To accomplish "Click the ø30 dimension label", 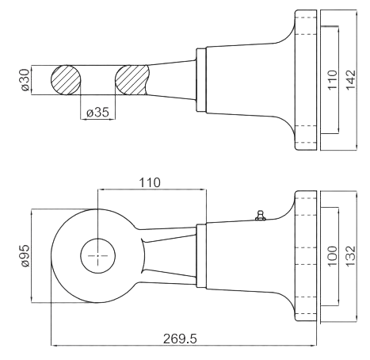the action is pyautogui.click(x=25, y=80).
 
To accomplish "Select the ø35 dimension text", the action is pyautogui.click(x=97, y=113).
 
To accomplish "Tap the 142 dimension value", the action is pyautogui.click(x=351, y=80).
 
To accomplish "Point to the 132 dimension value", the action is pyautogui.click(x=351, y=256).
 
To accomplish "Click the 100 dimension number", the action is pyautogui.click(x=333, y=256).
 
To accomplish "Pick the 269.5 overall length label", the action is pyautogui.click(x=180, y=339).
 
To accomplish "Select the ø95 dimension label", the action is pyautogui.click(x=25, y=256).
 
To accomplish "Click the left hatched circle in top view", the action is pyautogui.click(x=66, y=80).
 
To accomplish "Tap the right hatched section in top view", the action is pyautogui.click(x=132, y=80).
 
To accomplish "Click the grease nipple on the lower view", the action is pyautogui.click(x=261, y=215).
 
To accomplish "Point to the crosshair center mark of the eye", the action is pyautogui.click(x=97, y=255).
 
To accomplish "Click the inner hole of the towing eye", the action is pyautogui.click(x=97, y=255).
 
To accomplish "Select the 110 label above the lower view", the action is pyautogui.click(x=150, y=182).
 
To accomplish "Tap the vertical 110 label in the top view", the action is pyautogui.click(x=333, y=80).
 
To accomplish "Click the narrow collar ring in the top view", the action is pyautogui.click(x=201, y=80).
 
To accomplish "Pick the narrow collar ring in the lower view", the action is pyautogui.click(x=201, y=255).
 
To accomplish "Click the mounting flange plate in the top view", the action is pyautogui.click(x=306, y=80).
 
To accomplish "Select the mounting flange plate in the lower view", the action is pyautogui.click(x=306, y=256).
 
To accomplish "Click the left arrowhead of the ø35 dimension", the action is pyautogui.click(x=82, y=119).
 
